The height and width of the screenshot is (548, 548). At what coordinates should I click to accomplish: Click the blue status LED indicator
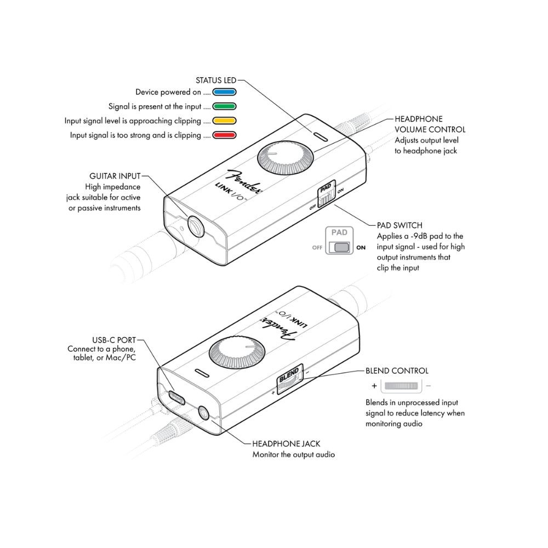[224, 92]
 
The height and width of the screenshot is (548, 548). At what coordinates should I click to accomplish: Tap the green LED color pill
[224, 106]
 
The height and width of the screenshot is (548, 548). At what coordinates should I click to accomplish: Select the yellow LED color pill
[224, 121]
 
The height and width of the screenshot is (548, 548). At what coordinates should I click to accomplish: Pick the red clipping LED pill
[224, 135]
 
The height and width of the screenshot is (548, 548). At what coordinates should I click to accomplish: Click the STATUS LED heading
[216, 80]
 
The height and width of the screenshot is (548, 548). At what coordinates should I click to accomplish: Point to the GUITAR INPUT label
[115, 176]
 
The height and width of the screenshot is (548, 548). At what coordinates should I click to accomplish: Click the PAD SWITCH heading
[399, 225]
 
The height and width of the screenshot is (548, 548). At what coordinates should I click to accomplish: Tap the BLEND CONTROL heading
[397, 371]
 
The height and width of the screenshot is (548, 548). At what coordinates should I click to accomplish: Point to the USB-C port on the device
[177, 395]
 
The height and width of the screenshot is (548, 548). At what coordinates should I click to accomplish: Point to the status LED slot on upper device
[318, 134]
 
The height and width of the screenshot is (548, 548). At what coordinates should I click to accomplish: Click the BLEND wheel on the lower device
[288, 381]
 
